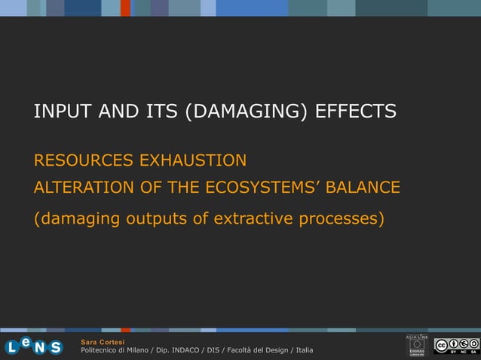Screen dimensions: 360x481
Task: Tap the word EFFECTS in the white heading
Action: (x=356, y=112)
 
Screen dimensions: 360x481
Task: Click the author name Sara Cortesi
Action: (x=103, y=343)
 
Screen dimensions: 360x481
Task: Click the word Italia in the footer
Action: (x=305, y=351)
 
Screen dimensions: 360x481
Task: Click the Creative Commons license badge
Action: (x=455, y=346)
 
